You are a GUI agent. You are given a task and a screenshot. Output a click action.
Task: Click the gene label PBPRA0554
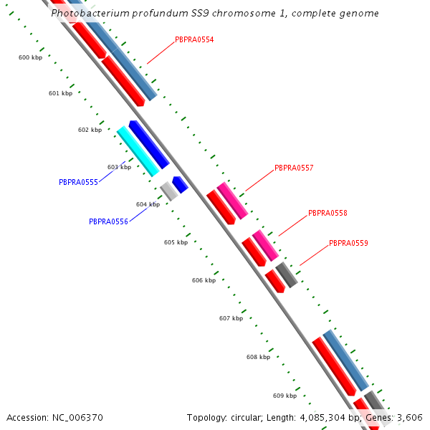coord(194,39)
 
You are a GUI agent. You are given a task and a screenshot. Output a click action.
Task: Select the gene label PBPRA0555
coord(78,182)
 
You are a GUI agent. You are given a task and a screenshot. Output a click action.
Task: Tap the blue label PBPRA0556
coord(108,221)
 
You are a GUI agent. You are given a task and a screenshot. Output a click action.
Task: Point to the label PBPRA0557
coord(294,168)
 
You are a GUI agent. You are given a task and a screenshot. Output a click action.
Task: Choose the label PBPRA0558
coord(328,214)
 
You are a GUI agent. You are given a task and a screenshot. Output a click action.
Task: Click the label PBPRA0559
coord(348,244)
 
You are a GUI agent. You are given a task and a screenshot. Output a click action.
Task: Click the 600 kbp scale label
coord(30,57)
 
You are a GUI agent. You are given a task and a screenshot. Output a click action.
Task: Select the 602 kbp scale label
coord(90,130)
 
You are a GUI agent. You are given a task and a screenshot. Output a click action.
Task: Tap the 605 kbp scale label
coord(176,242)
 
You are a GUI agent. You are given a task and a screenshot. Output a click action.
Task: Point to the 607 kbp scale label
coord(231,318)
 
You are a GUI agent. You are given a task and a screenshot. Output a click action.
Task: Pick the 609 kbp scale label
coord(285,396)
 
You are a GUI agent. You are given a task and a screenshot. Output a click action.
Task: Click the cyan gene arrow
coord(138,150)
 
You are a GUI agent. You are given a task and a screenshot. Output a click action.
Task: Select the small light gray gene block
coord(169,191)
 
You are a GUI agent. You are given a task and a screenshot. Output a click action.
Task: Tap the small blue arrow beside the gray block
coord(181,184)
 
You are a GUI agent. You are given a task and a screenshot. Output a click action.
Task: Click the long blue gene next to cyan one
coord(149,144)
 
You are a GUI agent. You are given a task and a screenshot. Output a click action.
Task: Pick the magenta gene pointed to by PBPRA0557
coord(232,201)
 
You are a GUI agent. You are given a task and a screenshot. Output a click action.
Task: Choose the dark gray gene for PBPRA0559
coord(287,275)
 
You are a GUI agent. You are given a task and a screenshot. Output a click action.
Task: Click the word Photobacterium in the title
coord(89,14)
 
